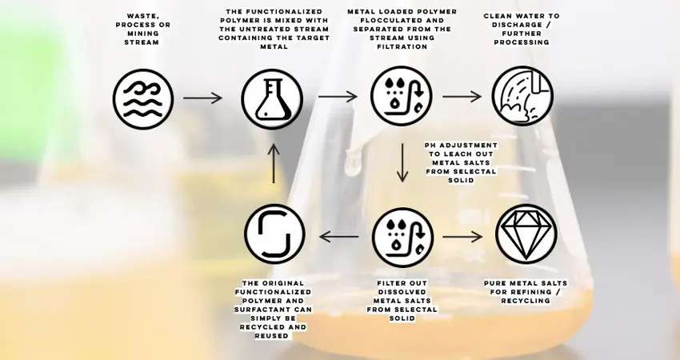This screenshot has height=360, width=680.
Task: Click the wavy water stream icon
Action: [x=143, y=99]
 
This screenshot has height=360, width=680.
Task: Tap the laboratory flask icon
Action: [x=272, y=99]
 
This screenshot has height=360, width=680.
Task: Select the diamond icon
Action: [x=526, y=234]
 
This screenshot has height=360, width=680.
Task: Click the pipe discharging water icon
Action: [x=522, y=96]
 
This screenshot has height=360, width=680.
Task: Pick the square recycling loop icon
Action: [x=274, y=234]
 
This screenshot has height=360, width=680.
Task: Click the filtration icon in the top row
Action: [x=402, y=96]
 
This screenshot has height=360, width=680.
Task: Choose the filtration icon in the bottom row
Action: [x=403, y=238]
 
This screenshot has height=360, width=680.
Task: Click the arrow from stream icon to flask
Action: [x=202, y=98]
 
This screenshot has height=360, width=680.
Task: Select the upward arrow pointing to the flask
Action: [x=274, y=163]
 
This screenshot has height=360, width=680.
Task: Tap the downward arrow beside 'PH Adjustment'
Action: [x=402, y=162]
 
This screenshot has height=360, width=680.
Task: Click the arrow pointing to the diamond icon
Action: [x=462, y=237]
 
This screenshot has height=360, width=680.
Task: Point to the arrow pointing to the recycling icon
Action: [x=338, y=237]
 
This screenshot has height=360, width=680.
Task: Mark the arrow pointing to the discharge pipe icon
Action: [x=462, y=97]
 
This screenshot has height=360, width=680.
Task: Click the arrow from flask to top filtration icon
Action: [x=338, y=96]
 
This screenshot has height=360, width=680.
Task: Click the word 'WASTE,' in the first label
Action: [x=143, y=16]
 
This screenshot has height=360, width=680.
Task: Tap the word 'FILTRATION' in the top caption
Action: [x=402, y=46]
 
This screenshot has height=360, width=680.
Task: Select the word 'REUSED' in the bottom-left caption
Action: [x=274, y=336]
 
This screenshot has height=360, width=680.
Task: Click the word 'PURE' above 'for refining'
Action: [x=495, y=283]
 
